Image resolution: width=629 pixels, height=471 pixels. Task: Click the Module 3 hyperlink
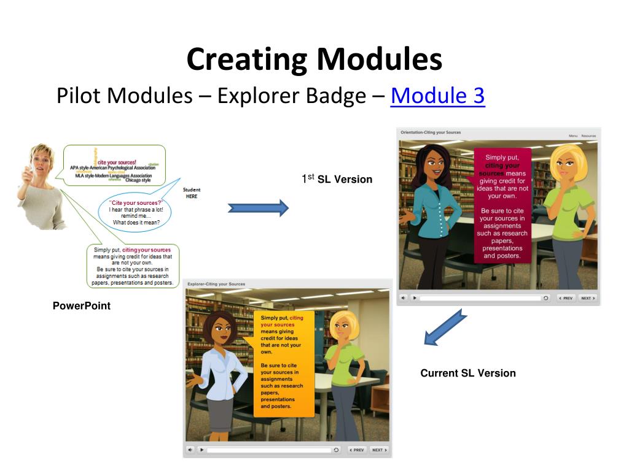437,96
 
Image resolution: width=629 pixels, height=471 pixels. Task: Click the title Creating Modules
314,59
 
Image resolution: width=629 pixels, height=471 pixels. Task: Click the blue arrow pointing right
258,209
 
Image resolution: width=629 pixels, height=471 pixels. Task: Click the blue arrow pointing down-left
446,327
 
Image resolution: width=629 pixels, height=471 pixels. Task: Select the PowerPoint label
82,305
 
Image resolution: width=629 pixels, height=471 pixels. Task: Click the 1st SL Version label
337,179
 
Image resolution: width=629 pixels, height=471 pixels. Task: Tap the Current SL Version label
468,373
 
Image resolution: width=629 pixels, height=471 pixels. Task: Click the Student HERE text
192,193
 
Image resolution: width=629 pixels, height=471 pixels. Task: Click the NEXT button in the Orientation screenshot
587,298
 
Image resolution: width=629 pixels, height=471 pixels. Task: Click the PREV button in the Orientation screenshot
566,298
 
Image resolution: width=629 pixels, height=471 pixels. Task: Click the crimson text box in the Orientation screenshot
502,205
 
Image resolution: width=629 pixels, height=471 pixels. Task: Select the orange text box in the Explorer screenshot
283,363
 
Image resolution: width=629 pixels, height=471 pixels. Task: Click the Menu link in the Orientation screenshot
572,136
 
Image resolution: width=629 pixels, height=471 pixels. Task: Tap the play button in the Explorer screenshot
201,450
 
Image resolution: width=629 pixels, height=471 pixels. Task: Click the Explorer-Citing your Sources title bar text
216,285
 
